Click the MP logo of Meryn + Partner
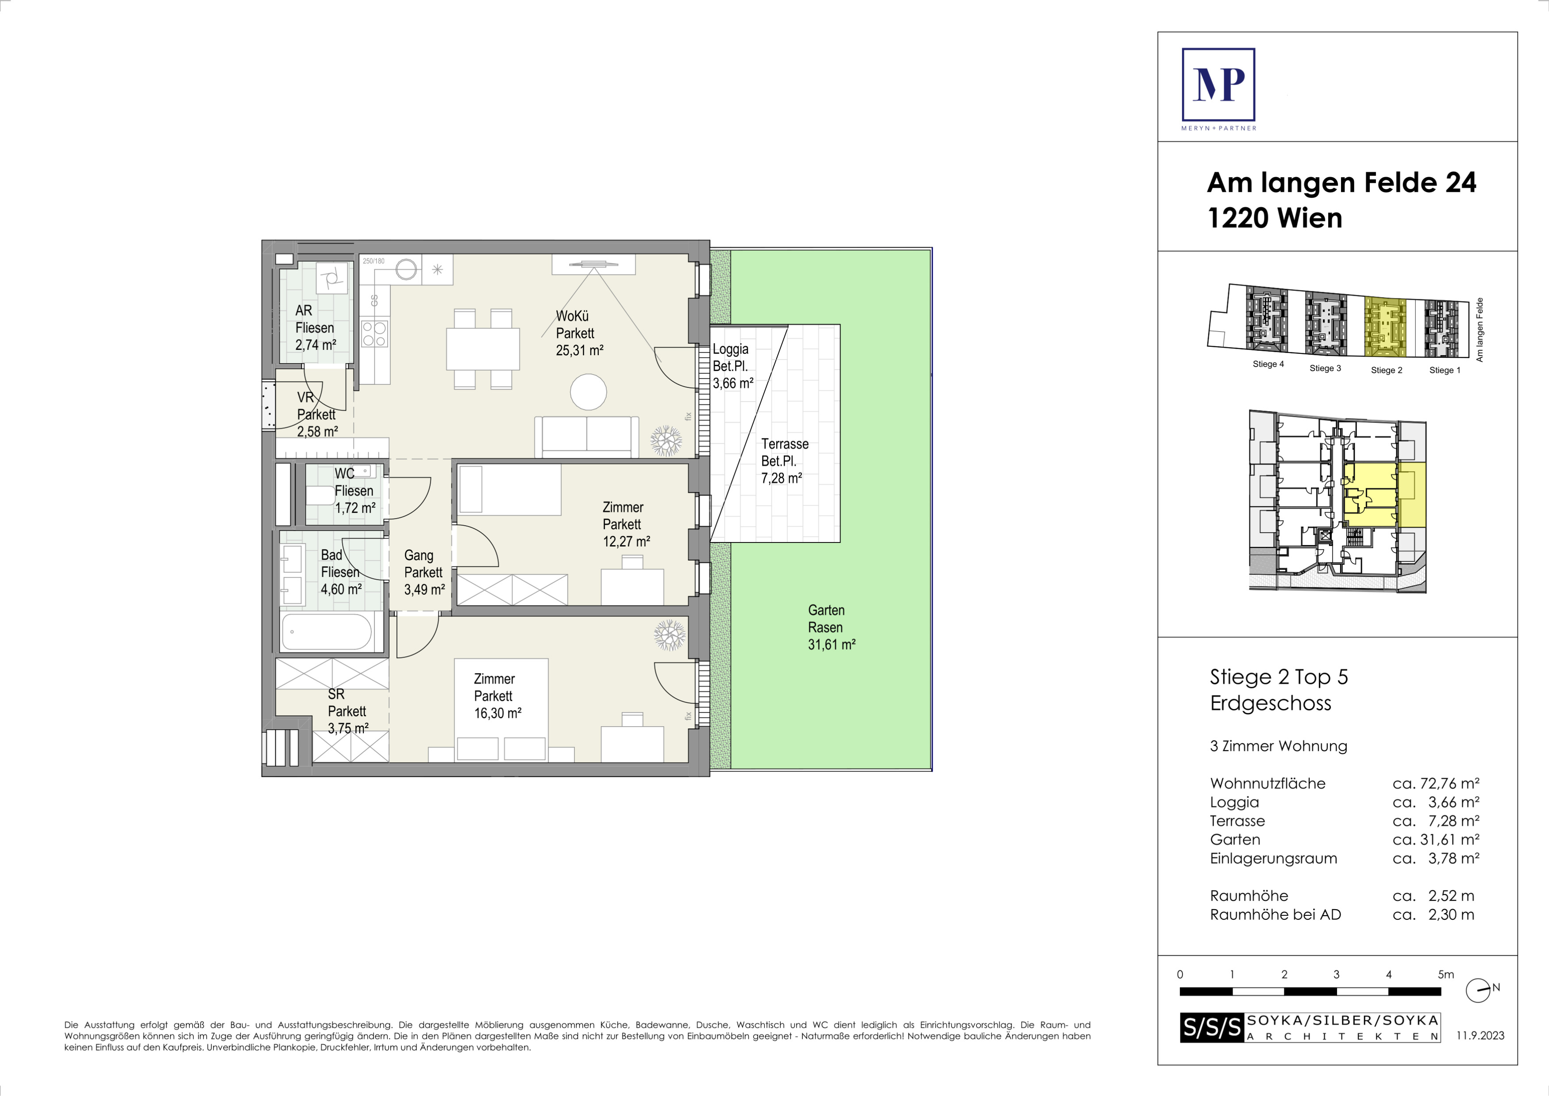pyautogui.click(x=1218, y=85)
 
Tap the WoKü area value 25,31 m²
pyautogui.click(x=579, y=351)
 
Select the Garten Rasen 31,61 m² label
pyautogui.click(x=832, y=627)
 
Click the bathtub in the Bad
pyautogui.click(x=327, y=631)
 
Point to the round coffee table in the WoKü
pyautogui.click(x=588, y=392)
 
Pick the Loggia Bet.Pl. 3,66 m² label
pyautogui.click(x=733, y=366)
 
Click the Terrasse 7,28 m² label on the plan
pyautogui.click(x=785, y=461)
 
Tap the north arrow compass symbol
pyautogui.click(x=1479, y=991)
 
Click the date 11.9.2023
pyautogui.click(x=1480, y=1035)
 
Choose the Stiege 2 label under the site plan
pyautogui.click(x=1387, y=370)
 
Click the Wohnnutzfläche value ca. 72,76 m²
pyautogui.click(x=1436, y=783)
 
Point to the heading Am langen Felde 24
pyautogui.click(x=1341, y=182)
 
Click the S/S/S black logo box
pyautogui.click(x=1212, y=1027)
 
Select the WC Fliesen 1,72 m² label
pyautogui.click(x=355, y=491)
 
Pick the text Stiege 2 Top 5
pyautogui.click(x=1279, y=677)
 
